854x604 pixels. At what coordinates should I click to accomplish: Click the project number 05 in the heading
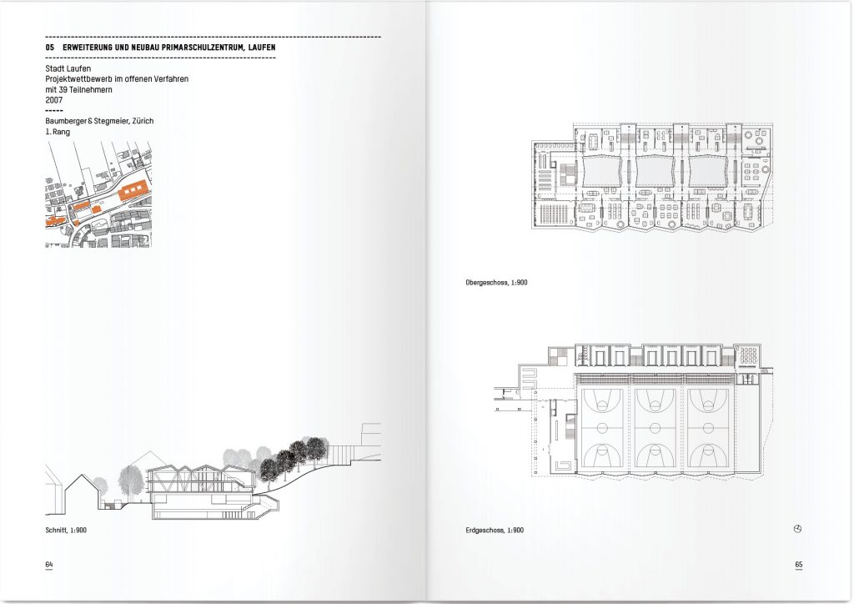(50, 48)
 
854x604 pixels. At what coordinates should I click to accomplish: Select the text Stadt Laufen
(68, 68)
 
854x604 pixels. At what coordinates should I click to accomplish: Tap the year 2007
(55, 99)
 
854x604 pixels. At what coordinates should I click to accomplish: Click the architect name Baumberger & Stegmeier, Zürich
(99, 121)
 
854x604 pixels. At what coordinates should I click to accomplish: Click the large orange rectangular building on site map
(133, 190)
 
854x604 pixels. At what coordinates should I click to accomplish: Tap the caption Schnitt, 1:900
(66, 530)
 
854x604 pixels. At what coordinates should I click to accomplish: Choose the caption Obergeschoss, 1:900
(496, 284)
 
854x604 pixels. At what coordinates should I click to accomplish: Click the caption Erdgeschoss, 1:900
(495, 530)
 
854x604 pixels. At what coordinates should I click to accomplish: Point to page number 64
(49, 565)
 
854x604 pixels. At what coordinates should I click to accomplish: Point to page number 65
(798, 565)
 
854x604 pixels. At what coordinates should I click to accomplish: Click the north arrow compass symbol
(797, 529)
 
